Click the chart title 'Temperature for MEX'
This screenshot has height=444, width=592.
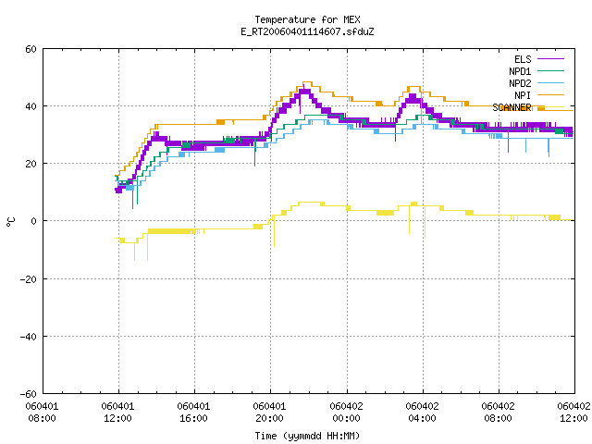click(307, 19)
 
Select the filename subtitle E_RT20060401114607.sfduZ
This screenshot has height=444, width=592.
click(307, 31)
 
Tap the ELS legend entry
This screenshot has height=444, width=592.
click(538, 59)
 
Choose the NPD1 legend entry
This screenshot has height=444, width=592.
click(536, 71)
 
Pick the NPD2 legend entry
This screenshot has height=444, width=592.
click(536, 83)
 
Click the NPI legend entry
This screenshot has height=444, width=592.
click(539, 95)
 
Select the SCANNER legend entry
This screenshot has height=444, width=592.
click(528, 107)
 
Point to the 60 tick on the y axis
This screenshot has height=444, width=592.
click(31, 49)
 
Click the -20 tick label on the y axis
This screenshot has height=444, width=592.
click(28, 279)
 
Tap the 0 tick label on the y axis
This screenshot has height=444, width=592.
click(34, 221)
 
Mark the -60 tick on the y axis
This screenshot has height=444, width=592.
click(28, 394)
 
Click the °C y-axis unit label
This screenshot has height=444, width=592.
click(11, 221)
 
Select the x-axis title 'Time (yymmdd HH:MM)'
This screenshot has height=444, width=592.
click(307, 436)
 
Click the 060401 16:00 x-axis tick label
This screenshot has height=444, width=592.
click(193, 412)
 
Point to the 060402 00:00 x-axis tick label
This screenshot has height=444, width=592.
click(346, 412)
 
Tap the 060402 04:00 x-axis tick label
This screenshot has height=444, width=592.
click(422, 412)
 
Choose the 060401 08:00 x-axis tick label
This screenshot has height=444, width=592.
click(42, 412)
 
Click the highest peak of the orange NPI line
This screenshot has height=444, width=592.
click(307, 82)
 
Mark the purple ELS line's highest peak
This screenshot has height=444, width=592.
click(304, 91)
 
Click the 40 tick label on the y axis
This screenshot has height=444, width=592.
click(31, 106)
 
